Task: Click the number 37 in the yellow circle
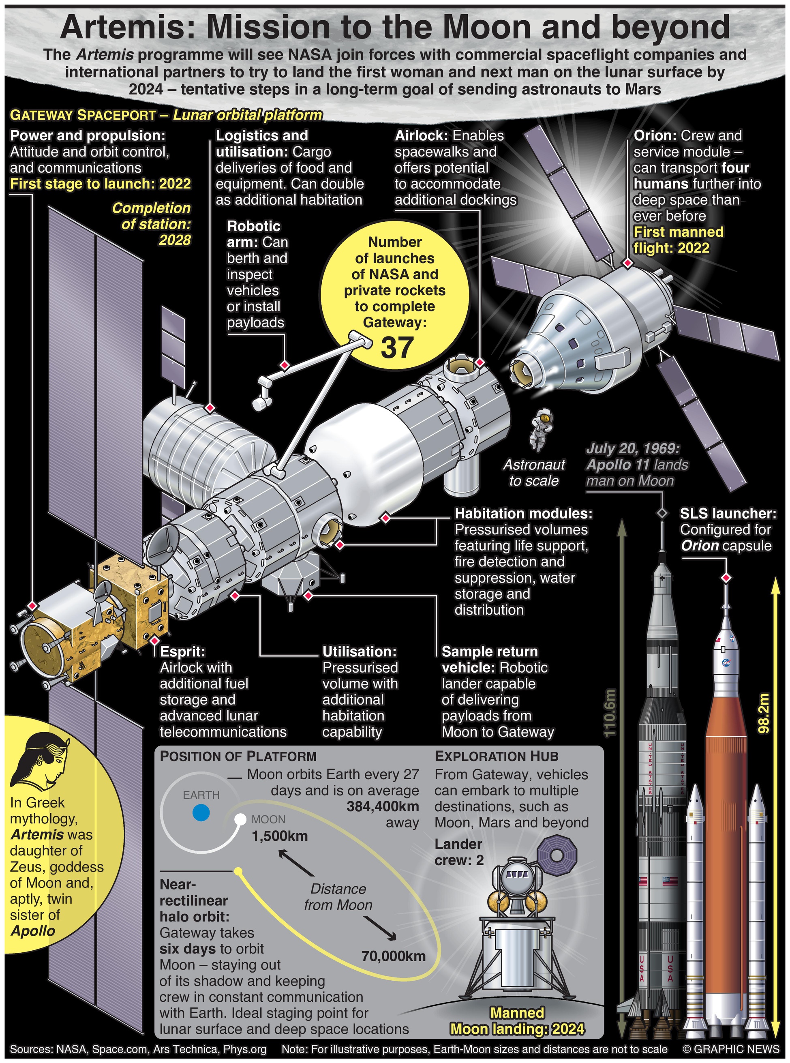pos(396,347)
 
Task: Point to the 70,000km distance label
pos(393,956)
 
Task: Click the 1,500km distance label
pos(280,836)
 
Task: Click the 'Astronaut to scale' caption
pos(534,472)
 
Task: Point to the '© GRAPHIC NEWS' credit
pos(730,1049)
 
